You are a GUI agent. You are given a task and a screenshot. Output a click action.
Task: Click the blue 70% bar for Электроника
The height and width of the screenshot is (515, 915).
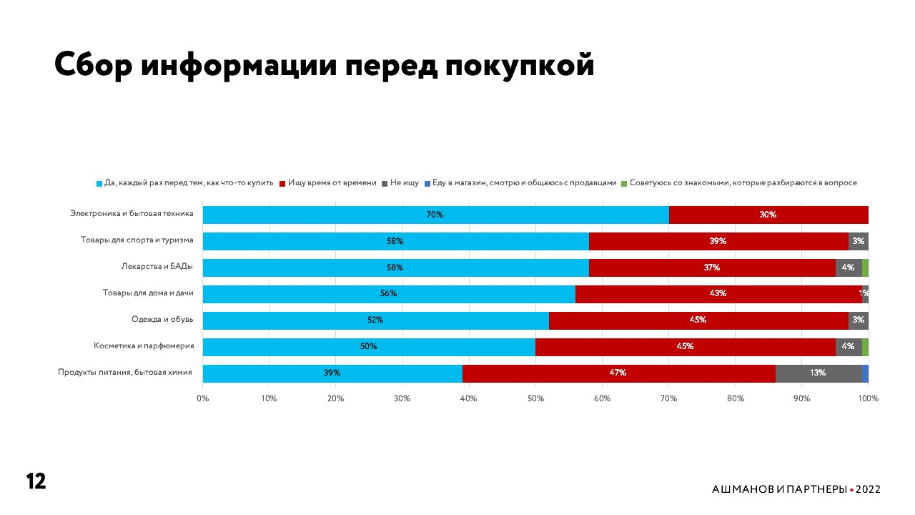coord(435,215)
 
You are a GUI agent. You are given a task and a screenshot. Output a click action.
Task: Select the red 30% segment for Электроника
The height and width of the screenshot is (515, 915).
coord(768,215)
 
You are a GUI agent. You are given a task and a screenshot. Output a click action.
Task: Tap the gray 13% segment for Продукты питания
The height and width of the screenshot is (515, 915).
coord(818,373)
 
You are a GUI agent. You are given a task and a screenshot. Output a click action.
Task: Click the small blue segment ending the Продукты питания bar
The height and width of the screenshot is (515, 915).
coord(865,373)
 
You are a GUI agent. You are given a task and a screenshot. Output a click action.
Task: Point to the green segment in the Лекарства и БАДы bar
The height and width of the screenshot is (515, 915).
coord(865,268)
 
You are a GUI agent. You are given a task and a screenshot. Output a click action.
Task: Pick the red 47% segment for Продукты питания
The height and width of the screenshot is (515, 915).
coord(618,373)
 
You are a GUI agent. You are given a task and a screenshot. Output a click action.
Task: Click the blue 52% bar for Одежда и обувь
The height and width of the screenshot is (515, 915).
coord(375,320)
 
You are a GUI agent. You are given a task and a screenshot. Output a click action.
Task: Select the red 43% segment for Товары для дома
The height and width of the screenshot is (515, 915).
coord(718,294)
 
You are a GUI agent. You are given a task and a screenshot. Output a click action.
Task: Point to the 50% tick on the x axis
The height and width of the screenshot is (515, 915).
coord(535,398)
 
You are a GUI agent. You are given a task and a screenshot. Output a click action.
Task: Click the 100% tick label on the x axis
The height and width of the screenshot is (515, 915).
coord(868,398)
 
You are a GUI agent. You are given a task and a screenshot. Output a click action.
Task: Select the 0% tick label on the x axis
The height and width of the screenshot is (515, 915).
coord(203,398)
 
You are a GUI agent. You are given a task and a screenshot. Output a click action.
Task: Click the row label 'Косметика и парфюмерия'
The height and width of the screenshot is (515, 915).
coord(144,346)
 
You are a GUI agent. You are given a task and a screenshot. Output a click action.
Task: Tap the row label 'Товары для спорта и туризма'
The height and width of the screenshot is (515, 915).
coord(137,241)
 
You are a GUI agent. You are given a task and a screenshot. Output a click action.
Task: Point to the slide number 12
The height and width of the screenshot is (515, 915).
coord(36,481)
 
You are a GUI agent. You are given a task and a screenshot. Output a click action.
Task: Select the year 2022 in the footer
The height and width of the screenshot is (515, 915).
coord(868,489)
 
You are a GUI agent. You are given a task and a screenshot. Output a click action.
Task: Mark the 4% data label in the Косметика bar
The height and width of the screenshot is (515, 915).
coord(848,346)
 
